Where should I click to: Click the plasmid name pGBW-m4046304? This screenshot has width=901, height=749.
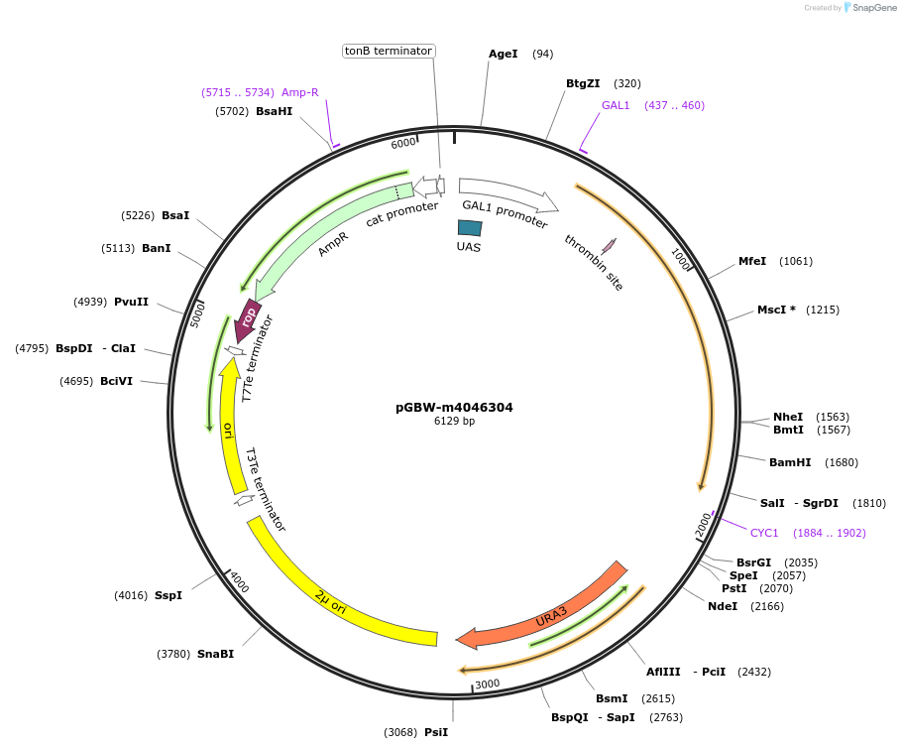[x=454, y=407]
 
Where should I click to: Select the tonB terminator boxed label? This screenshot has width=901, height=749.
[x=388, y=51]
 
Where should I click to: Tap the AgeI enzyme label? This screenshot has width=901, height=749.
[x=504, y=54]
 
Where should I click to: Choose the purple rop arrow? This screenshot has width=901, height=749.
[x=248, y=317]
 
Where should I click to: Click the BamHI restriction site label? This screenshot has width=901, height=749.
[x=790, y=462]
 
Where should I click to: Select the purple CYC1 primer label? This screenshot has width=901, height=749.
[x=764, y=533]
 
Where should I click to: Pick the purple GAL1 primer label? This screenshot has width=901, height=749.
[x=616, y=105]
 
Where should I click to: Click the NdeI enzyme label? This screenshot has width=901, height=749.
[x=723, y=606]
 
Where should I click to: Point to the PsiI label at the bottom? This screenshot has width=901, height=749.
[x=436, y=732]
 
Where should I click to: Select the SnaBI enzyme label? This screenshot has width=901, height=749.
[x=215, y=654]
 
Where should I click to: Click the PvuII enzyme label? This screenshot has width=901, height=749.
[x=131, y=302]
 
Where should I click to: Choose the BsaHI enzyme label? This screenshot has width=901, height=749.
[x=274, y=112]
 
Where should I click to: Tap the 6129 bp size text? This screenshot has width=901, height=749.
[x=454, y=422]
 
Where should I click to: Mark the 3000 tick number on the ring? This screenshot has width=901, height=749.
[x=487, y=684]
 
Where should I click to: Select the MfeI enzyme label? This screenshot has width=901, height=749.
[x=752, y=261]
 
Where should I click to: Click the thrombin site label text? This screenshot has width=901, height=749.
[x=594, y=262]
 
